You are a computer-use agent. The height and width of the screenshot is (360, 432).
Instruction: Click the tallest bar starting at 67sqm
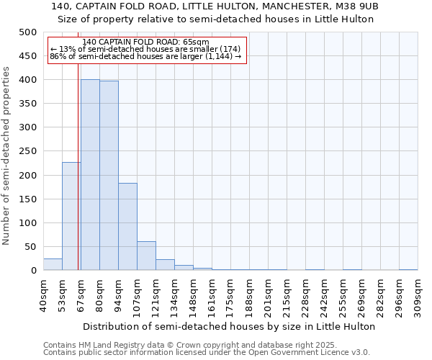pyautogui.click(x=90, y=175)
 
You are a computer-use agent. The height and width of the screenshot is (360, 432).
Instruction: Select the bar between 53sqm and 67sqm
pyautogui.click(x=71, y=216)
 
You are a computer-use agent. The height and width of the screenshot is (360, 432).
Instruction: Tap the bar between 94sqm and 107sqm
pyautogui.click(x=127, y=227)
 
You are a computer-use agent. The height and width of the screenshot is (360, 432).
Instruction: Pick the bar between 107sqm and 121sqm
pyautogui.click(x=146, y=256)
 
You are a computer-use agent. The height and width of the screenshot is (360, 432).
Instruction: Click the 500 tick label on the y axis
pyautogui.click(x=27, y=32)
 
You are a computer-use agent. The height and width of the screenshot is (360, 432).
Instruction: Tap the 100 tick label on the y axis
pyautogui.click(x=27, y=223)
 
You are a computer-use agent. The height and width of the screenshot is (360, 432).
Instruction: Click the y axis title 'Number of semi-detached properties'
pyautogui.click(x=6, y=156)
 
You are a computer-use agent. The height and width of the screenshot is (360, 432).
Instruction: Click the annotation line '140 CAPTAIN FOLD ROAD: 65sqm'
pyautogui.click(x=146, y=42)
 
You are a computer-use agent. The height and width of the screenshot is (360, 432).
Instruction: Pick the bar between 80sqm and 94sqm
pyautogui.click(x=109, y=176)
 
